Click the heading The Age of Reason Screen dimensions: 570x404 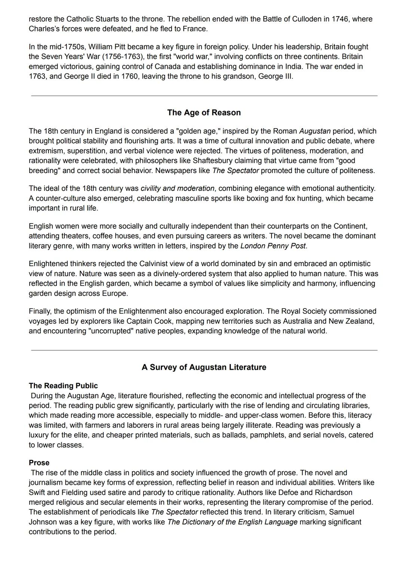204,113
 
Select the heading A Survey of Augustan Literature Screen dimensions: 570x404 204,367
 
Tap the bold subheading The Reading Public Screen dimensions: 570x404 63,386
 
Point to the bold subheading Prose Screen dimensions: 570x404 39,463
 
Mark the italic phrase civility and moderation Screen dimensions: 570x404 177,188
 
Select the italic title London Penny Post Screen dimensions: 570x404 273,246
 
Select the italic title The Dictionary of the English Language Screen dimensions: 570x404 232,522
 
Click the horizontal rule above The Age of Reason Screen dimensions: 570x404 204,96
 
